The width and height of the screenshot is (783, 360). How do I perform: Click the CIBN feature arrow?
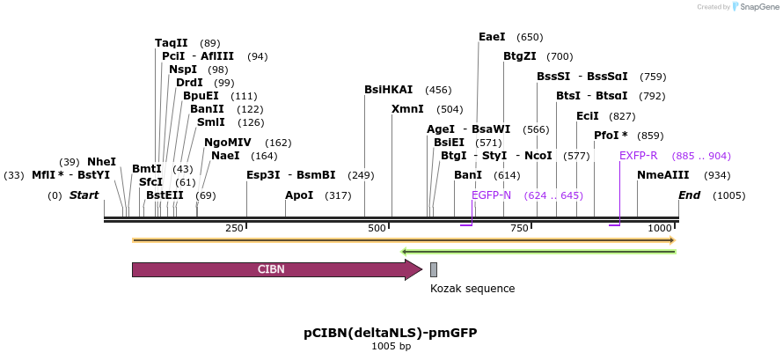coord(273,270)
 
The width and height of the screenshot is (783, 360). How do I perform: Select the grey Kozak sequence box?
coord(434,270)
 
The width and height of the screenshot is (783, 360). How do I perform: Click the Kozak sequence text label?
coord(472,289)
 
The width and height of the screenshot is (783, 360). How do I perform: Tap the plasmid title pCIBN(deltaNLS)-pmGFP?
coord(391,333)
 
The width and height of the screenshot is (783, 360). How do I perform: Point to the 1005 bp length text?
coord(391,347)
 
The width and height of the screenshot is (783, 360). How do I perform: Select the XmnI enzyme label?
coord(407,109)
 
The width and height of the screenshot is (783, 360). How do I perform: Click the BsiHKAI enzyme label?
coord(388,90)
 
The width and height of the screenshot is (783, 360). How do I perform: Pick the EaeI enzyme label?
coord(492,37)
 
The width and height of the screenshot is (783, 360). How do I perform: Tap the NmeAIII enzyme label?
coord(663,175)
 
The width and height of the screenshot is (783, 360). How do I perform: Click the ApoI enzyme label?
coord(299,195)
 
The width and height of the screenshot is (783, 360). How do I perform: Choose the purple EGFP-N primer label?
coord(491,195)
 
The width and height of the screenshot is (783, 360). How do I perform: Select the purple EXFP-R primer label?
coord(638,156)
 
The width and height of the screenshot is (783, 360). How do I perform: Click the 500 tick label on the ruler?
coord(377,229)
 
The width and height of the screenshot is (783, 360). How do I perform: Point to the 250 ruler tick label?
coord(234,229)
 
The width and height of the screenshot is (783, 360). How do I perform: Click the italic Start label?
coord(84,195)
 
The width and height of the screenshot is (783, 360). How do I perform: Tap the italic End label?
coord(689,195)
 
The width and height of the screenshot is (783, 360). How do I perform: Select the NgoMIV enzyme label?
coord(228,143)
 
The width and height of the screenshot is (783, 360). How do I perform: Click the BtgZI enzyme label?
coord(520,56)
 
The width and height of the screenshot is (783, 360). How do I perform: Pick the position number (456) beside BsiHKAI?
coord(437,90)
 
